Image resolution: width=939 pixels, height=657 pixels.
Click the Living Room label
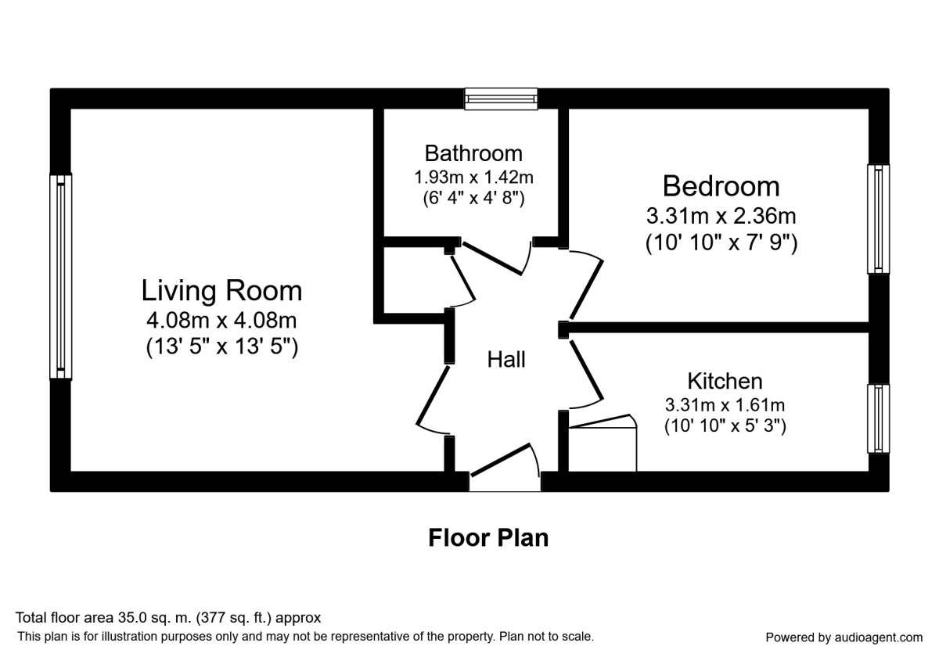tap(221, 291)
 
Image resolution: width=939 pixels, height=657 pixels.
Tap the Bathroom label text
tap(473, 153)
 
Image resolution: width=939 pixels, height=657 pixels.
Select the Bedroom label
tap(721, 186)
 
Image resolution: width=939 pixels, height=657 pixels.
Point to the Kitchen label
tap(725, 381)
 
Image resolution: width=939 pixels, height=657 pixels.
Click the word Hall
tap(506, 360)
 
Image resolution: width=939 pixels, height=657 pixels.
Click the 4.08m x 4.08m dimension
tap(221, 320)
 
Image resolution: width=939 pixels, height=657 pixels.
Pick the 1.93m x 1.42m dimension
tap(473, 178)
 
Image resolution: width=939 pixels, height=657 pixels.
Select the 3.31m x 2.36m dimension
tap(721, 216)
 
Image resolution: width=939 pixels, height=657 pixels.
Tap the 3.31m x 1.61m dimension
tap(725, 405)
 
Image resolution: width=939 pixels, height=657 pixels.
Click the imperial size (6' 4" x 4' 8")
tap(473, 198)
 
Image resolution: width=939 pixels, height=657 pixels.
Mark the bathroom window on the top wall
tap(501, 98)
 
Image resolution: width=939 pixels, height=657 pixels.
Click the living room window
tap(60, 276)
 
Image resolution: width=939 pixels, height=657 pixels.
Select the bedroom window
tap(879, 218)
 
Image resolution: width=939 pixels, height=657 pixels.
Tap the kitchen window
tap(879, 418)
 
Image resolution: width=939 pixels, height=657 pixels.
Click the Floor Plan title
tap(488, 538)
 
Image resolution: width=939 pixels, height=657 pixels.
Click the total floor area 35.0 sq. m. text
tap(168, 618)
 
